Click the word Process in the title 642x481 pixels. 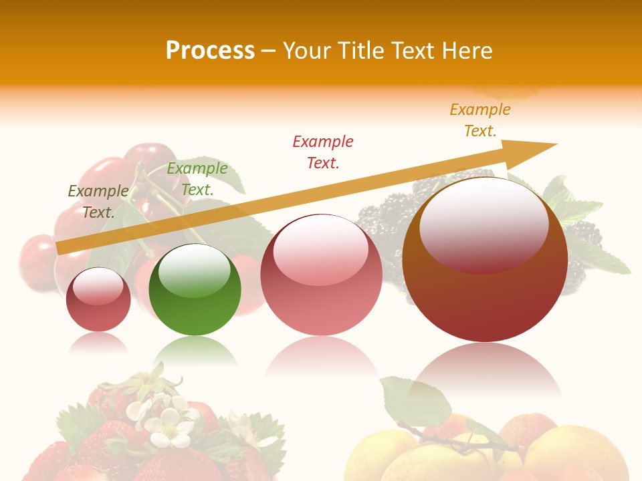[210, 51]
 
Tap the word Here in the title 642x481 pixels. [466, 51]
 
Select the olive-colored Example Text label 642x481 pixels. [98, 202]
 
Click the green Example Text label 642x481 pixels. [197, 179]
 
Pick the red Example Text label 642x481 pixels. [323, 152]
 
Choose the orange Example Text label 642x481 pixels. [480, 120]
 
